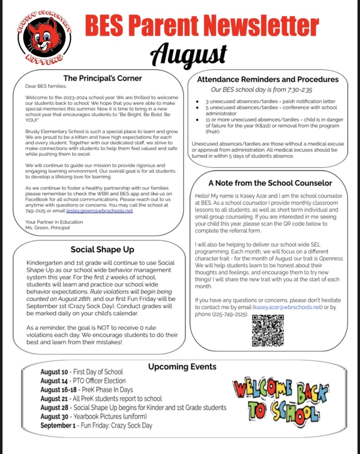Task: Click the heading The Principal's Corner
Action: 103,78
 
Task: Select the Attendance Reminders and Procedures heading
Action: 268,79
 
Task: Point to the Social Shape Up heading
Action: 102,249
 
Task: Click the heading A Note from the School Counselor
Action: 270,183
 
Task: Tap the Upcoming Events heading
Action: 182,366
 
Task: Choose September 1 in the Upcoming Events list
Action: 56,425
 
